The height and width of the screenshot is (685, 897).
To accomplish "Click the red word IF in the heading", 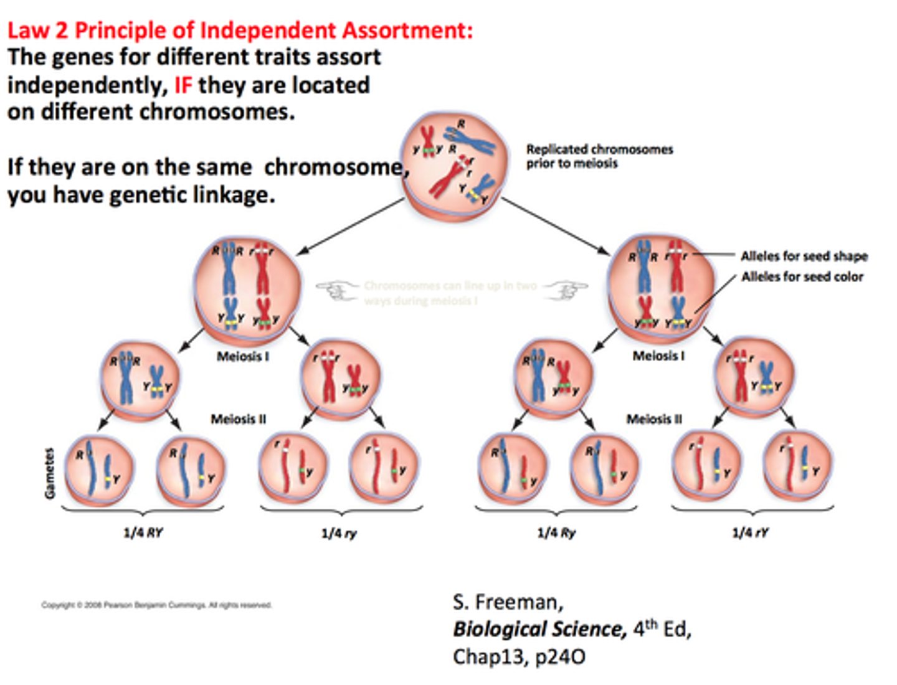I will tap(183, 85).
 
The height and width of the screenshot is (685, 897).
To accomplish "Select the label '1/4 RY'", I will tap(143, 532).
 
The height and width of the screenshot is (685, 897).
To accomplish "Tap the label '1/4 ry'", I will tap(339, 533).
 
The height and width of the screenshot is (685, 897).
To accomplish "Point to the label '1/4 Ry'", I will tap(556, 532).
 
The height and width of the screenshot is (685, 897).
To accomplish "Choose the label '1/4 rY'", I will tap(750, 532).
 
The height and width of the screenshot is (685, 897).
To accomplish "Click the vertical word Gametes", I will tap(50, 473).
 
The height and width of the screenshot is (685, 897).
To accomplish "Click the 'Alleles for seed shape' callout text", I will tap(804, 256).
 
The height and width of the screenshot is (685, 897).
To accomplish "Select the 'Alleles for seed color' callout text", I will tap(802, 276).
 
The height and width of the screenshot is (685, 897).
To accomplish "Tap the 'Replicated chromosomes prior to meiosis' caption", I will tap(599, 156).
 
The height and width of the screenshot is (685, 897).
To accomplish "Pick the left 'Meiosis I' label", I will tap(243, 357).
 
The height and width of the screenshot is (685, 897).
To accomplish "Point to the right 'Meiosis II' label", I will tap(654, 419).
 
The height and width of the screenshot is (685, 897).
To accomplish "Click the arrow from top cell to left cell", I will tap(350, 227).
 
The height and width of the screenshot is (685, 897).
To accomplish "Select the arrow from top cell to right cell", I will tap(556, 227).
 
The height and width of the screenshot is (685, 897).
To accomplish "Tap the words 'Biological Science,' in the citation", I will tap(539, 629).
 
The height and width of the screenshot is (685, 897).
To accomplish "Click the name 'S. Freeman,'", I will tap(508, 602).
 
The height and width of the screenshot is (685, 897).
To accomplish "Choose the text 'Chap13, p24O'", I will tap(519, 656).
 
